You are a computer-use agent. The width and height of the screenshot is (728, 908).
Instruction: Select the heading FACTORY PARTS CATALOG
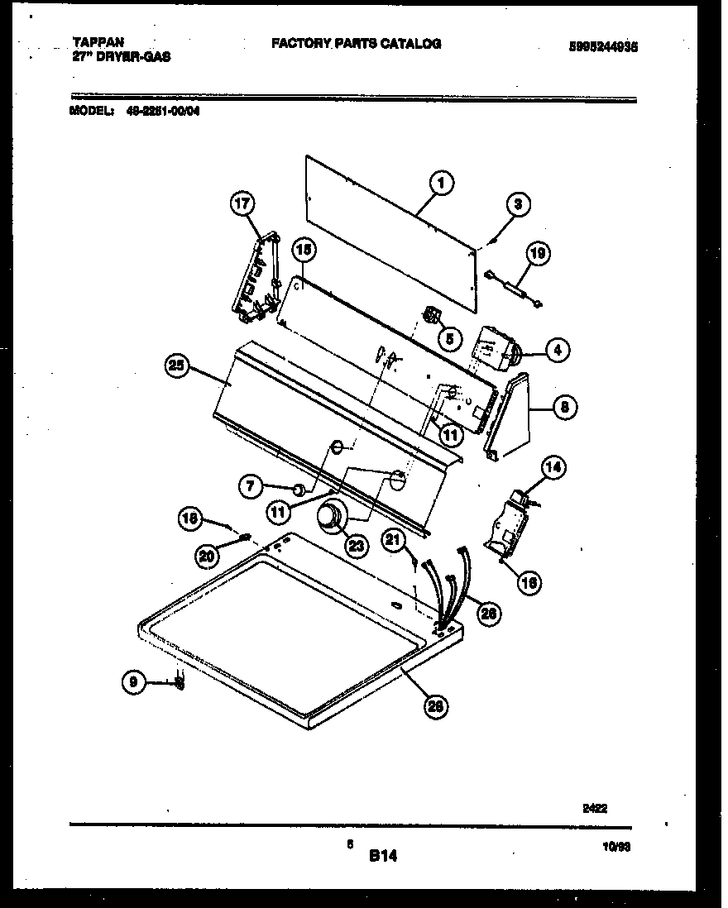click(x=356, y=44)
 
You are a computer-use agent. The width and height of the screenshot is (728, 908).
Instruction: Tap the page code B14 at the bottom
click(x=383, y=858)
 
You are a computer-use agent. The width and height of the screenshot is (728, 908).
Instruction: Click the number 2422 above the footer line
click(x=595, y=810)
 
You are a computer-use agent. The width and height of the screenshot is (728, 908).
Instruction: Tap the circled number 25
click(x=180, y=367)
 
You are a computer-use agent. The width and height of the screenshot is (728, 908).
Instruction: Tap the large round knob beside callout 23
click(x=333, y=518)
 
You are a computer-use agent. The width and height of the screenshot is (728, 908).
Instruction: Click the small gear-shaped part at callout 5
click(x=430, y=315)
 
